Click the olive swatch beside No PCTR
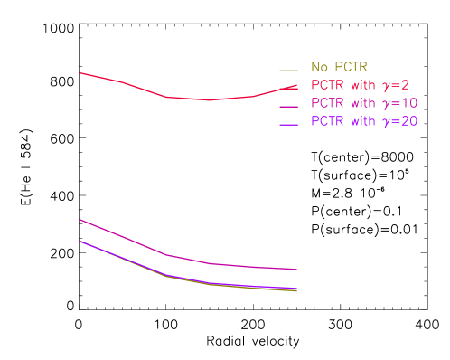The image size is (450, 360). point(289,70)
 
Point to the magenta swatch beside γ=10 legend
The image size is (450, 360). point(289,106)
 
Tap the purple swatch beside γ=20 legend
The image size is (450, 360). point(289,124)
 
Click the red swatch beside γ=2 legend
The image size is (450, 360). point(289,88)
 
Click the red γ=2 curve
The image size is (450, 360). point(145,89)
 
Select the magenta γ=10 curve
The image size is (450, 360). point(145,245)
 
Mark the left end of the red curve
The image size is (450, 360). point(80,72)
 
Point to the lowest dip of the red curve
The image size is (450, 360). point(211,99)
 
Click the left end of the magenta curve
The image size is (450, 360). point(80,219)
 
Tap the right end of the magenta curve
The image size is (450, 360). point(297,270)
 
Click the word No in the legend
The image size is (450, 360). point(319,67)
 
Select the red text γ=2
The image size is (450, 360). point(395,85)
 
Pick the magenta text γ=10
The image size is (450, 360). point(398,103)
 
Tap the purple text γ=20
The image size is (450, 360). point(398,121)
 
